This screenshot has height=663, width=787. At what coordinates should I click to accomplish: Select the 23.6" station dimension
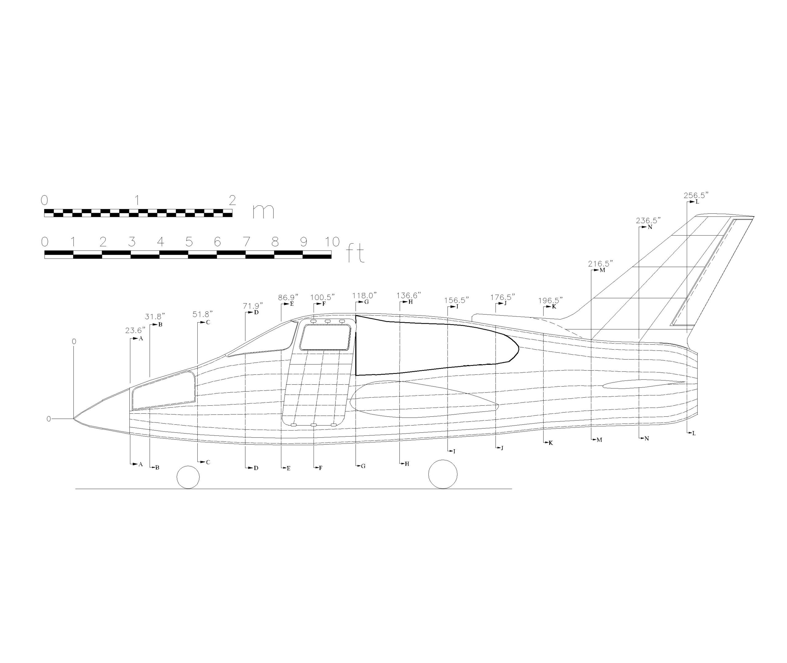[135, 330]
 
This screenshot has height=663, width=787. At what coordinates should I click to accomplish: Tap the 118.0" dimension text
[364, 296]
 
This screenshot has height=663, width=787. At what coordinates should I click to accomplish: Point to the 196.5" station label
[550, 300]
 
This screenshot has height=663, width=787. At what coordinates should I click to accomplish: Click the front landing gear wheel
[188, 477]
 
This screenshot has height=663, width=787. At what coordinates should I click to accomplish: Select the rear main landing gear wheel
[443, 474]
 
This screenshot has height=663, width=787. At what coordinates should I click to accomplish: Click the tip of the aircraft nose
[74, 418]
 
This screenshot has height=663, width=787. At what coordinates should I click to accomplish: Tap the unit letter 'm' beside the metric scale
[263, 211]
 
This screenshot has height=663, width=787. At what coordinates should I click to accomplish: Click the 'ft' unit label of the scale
[355, 254]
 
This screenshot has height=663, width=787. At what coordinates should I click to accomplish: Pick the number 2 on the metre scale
[232, 200]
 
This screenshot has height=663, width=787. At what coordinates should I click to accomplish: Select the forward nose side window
[163, 391]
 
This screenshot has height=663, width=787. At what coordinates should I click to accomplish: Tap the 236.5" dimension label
[648, 220]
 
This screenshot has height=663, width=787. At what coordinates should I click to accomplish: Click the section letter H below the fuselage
[407, 464]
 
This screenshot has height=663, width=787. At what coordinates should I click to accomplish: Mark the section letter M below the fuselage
[599, 440]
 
